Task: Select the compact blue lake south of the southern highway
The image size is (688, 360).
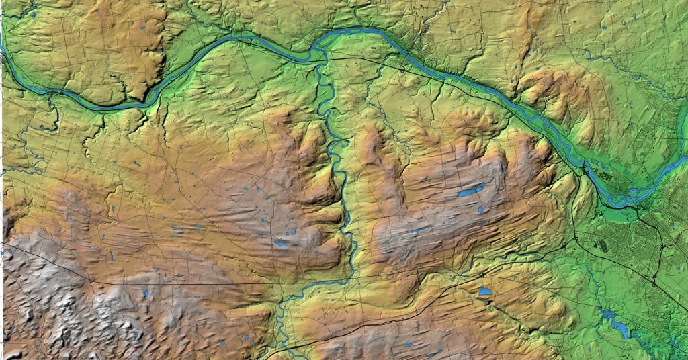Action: coord(485,293)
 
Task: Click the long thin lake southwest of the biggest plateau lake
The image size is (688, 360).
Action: coord(417,230)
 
